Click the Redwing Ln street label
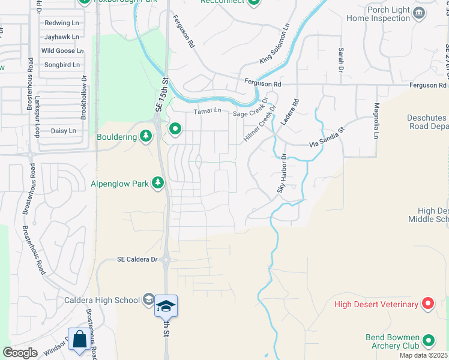click(62, 23)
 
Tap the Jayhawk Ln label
click(61, 37)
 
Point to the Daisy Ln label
click(63, 131)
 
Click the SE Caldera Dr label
click(137, 259)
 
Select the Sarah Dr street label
click(340, 61)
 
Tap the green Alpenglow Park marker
click(158, 182)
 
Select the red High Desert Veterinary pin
click(428, 304)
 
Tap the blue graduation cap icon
click(166, 306)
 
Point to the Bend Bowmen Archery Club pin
click(429, 341)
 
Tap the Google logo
click(20, 353)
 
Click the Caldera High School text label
click(101, 299)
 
